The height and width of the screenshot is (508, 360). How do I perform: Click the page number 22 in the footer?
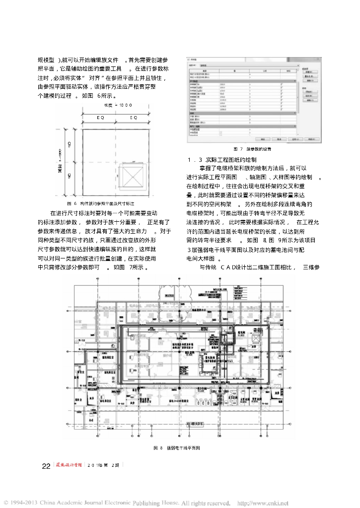point(46,466)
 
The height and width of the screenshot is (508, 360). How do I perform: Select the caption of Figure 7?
point(252,149)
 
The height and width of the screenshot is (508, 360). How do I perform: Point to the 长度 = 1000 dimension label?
point(117,106)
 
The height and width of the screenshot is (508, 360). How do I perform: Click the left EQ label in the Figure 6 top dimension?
point(100,118)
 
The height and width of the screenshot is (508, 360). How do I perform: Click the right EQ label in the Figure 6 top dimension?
point(134,118)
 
